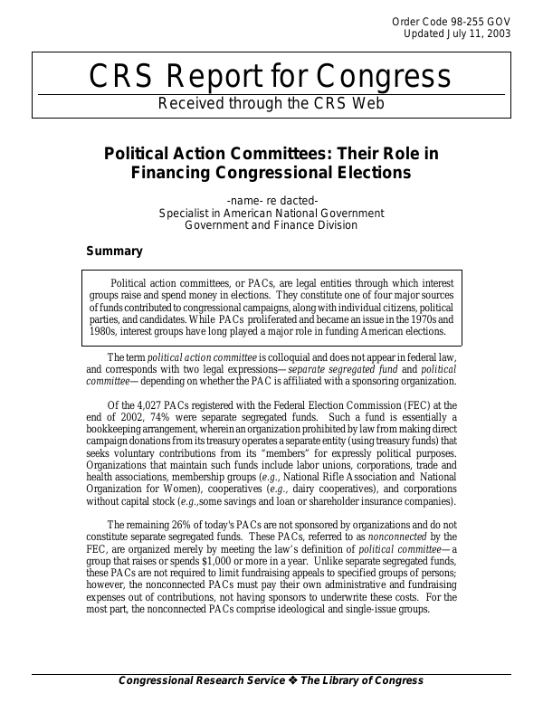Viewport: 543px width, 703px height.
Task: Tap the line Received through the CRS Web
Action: click(271, 103)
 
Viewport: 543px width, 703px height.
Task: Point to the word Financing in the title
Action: click(176, 172)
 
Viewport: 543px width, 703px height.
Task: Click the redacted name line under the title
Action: click(271, 200)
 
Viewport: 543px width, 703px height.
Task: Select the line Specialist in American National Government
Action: click(271, 213)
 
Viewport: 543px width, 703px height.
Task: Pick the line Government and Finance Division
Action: click(271, 225)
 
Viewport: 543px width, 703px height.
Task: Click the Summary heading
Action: click(114, 251)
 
